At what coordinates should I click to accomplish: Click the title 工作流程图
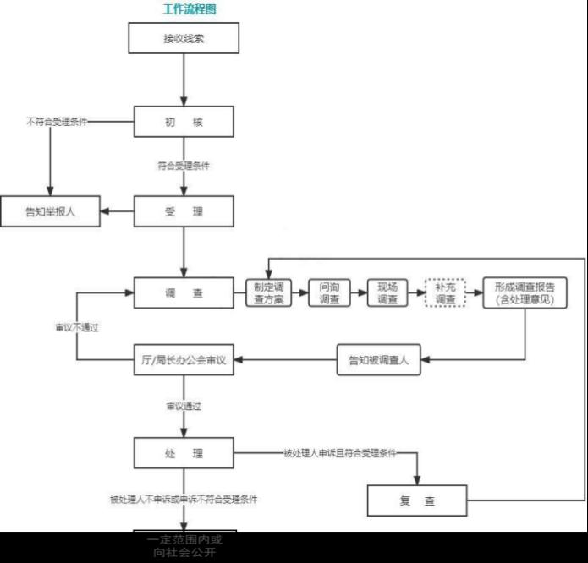point(190,9)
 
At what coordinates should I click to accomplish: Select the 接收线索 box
point(184,38)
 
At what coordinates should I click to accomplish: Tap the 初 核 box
point(184,123)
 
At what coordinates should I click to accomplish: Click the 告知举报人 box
point(50,211)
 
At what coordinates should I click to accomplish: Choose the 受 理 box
point(184,211)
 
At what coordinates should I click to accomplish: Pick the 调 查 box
point(184,293)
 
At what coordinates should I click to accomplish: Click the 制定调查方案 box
point(269,292)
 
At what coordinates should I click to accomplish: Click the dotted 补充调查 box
point(445,292)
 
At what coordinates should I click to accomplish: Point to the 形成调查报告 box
point(525,292)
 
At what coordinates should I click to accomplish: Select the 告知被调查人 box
point(378,360)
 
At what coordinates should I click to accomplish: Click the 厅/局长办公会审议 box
point(184,360)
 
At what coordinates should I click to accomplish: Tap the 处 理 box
point(184,454)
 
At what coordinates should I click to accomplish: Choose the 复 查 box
point(417,500)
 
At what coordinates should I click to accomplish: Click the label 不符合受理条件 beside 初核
point(57,122)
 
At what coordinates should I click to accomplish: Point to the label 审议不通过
point(77,327)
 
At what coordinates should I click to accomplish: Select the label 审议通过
point(184,407)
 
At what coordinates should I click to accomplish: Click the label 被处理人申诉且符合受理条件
point(340,454)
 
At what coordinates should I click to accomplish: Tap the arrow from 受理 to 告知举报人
point(118,211)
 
